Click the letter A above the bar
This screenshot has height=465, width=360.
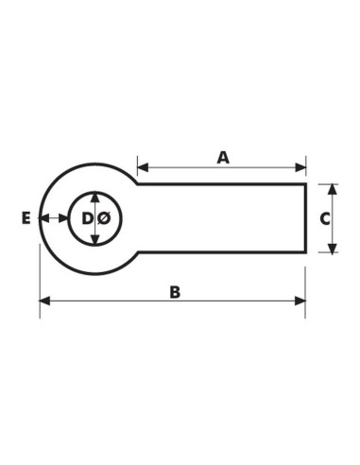point(223,157)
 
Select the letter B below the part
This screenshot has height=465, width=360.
point(175,292)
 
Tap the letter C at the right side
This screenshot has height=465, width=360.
point(324,218)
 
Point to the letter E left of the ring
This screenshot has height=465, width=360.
point(26,218)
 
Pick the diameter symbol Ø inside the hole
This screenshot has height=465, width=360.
point(104,218)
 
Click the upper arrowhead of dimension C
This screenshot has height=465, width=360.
point(332,189)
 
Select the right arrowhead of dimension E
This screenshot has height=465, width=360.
point(63,218)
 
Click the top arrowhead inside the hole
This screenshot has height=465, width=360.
point(95,198)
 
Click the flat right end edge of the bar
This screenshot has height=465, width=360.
point(307,218)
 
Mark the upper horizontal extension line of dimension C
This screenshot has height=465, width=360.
point(327,183)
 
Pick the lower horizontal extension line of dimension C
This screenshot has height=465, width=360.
point(327,253)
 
